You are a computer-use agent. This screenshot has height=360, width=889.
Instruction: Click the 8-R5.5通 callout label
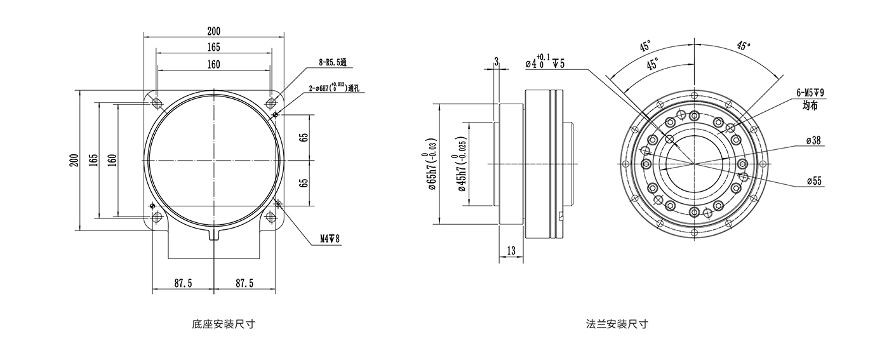pos(333,62)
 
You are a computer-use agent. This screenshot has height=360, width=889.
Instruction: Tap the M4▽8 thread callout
pos(330,239)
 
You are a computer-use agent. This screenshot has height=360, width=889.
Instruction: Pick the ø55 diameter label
pos(813,181)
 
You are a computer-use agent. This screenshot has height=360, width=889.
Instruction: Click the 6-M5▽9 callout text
pos(809,93)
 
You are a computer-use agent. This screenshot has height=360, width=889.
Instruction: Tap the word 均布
pos(810,105)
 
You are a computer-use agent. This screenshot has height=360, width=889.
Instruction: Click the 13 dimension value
pos(511,251)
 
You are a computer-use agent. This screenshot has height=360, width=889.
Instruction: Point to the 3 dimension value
pos(497,60)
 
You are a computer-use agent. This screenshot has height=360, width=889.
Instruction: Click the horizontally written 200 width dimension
pos(213,30)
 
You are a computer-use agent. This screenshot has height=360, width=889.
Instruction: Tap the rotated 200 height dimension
pos(74,159)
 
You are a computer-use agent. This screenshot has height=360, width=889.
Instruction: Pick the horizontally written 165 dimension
pos(213,47)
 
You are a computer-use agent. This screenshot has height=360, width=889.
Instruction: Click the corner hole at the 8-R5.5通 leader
pos(271,102)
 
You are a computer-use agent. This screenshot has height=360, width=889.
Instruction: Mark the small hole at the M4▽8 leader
pos(280,203)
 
